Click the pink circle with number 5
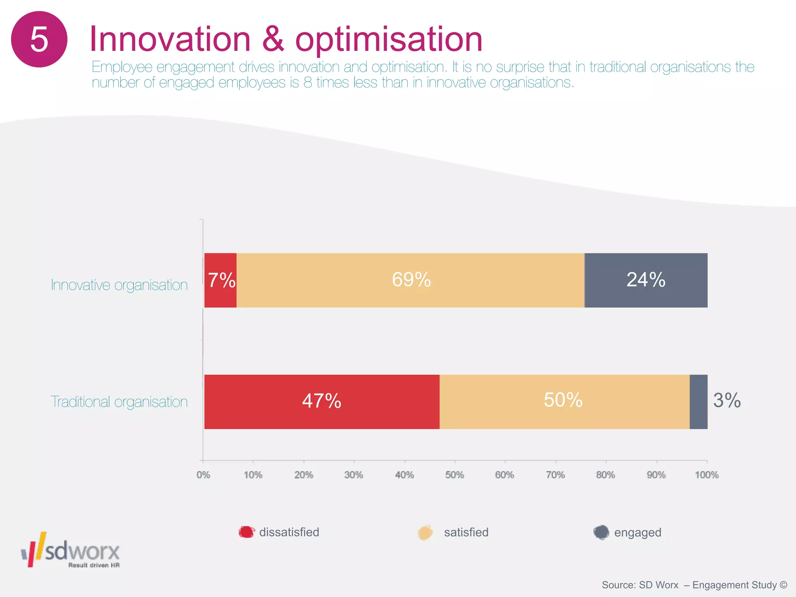coord(39,39)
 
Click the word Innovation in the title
coord(170,39)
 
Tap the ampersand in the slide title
coord(273,39)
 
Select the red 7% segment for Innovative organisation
coord(220,280)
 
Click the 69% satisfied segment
coord(411,280)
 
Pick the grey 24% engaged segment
coord(646,280)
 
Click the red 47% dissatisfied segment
coord(321,401)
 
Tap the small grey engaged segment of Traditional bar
coord(698,402)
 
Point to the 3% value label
coord(727,401)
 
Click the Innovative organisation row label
coord(119,285)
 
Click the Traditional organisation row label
coord(119,402)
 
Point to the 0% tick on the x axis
coord(203,475)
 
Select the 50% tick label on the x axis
coord(454,475)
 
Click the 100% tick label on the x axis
coord(707,475)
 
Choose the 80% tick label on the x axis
coord(606,475)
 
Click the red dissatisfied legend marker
coord(246,532)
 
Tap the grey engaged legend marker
coord(601,532)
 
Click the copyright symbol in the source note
coord(784,585)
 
